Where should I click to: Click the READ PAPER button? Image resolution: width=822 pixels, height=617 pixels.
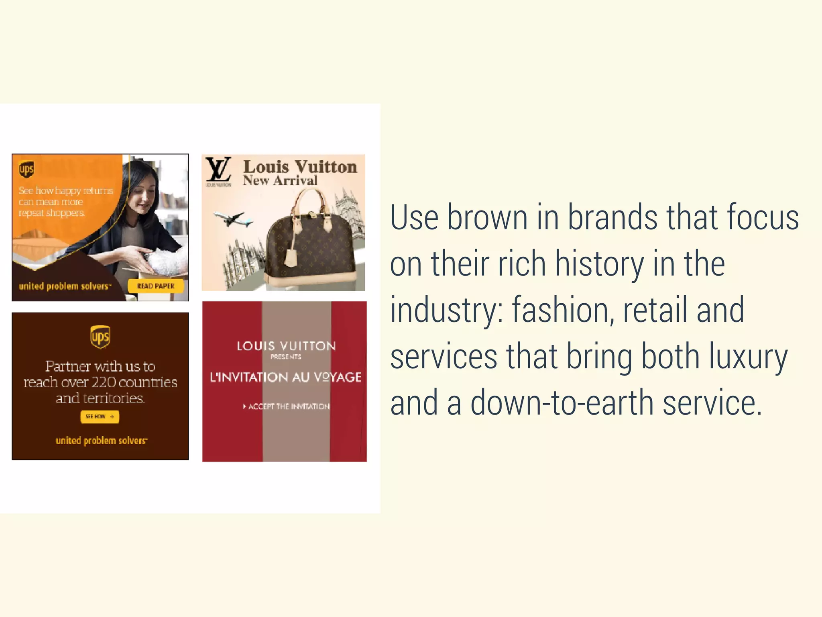pos(156,286)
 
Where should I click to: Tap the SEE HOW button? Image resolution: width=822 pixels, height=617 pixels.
pos(100,417)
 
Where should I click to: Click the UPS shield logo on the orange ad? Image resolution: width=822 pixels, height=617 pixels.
pos(26,169)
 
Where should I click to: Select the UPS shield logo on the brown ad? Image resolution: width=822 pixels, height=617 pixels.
pos(100,337)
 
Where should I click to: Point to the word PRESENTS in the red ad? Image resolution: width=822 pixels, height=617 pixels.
pos(286,357)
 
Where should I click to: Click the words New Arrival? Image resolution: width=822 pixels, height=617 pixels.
pos(280,181)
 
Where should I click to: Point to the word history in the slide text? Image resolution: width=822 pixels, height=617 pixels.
pos(600,264)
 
